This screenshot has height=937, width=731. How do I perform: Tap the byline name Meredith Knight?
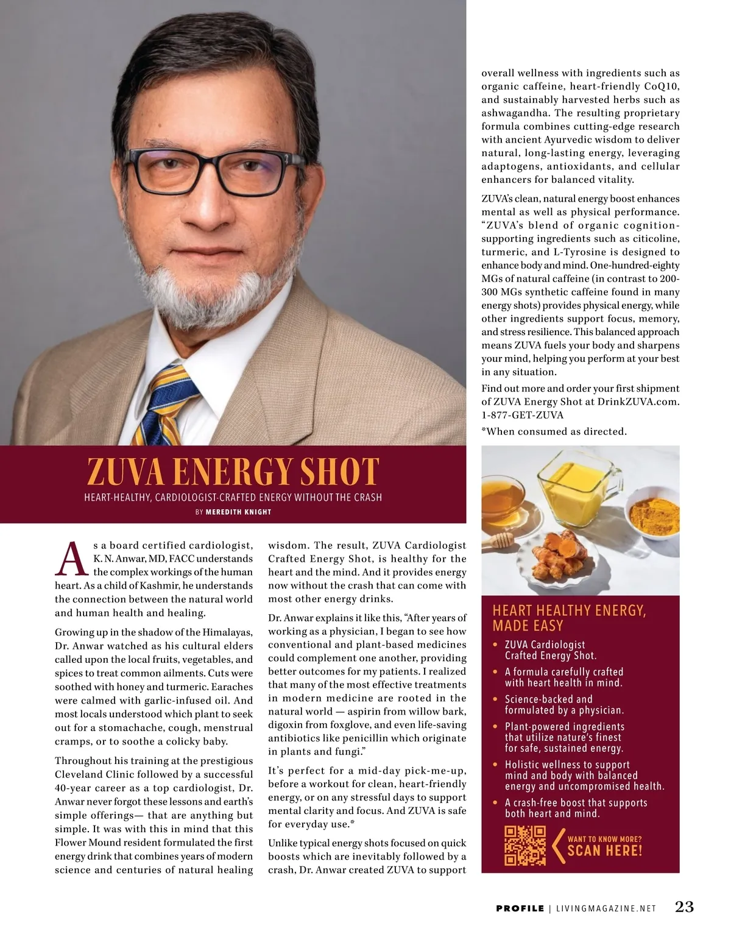[238, 512]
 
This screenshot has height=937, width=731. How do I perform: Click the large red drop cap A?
[70, 559]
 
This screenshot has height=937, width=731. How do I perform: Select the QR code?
[524, 846]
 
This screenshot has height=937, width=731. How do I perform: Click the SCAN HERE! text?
[604, 850]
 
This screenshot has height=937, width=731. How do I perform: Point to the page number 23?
[684, 907]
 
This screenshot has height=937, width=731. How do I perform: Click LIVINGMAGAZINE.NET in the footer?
[606, 908]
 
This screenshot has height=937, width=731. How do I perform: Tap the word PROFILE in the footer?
[520, 908]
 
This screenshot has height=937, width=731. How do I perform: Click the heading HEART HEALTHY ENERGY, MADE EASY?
[569, 618]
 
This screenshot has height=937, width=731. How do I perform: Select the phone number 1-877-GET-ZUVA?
[522, 415]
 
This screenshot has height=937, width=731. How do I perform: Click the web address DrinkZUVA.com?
[638, 401]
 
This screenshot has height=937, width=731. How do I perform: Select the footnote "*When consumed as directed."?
[554, 431]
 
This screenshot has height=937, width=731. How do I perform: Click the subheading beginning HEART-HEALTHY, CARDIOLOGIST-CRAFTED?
[233, 497]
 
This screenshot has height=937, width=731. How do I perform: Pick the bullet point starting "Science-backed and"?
[564, 705]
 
